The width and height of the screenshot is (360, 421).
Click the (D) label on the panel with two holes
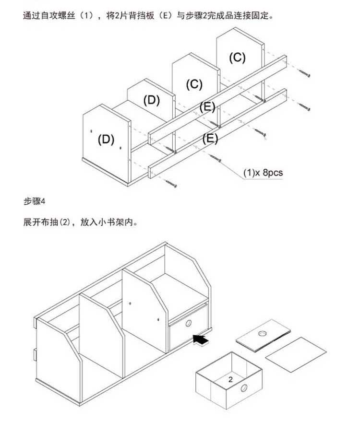pos(106,140)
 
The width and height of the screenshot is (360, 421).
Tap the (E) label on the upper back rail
pos(207,107)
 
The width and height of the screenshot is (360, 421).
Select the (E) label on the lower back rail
pos(210,139)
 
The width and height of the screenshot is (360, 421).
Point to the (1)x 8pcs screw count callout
pos(263,172)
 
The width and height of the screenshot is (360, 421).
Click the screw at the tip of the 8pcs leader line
pos(216,158)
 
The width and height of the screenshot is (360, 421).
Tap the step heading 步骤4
pos(34,201)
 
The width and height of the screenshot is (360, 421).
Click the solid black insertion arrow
pos(201,339)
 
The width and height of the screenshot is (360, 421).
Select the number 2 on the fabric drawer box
pos(230,379)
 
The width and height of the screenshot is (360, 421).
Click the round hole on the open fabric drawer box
pos(244,388)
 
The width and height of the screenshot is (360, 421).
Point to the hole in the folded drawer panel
pos(262,333)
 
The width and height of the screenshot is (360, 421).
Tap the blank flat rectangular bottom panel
pos(296,355)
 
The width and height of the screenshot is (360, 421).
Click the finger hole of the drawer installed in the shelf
pos(188,323)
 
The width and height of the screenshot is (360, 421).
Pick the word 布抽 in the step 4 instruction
pos(50,222)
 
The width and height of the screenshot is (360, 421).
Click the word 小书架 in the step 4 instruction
pos(111,222)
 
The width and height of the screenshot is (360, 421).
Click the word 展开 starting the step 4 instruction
pos(32,222)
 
